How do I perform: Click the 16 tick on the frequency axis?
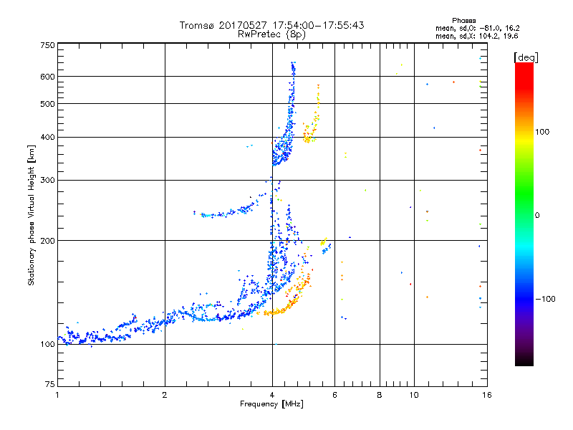tap(485, 395)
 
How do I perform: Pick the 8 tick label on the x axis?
tap(380, 395)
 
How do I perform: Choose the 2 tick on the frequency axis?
tap(165, 395)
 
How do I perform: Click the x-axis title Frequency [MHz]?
tap(271, 405)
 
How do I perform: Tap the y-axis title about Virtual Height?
tap(32, 215)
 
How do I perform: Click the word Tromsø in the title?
tap(198, 25)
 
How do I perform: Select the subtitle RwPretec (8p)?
tap(272, 34)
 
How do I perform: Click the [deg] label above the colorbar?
tap(525, 57)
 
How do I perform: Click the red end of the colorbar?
tap(524, 67)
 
